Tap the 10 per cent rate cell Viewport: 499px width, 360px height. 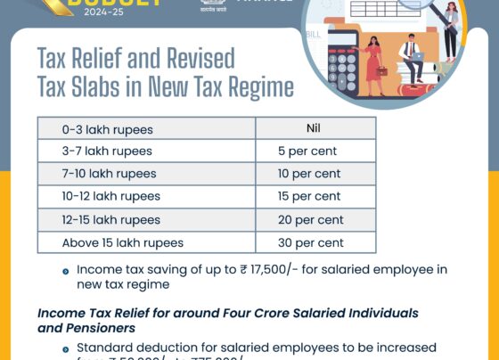[309, 174]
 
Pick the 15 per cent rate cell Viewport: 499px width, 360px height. [309, 196]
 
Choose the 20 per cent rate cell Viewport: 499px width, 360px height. [309, 219]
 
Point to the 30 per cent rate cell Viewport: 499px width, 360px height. [309, 242]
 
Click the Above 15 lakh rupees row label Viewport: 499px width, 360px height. [122, 242]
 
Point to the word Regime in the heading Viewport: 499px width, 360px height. [258, 87]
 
